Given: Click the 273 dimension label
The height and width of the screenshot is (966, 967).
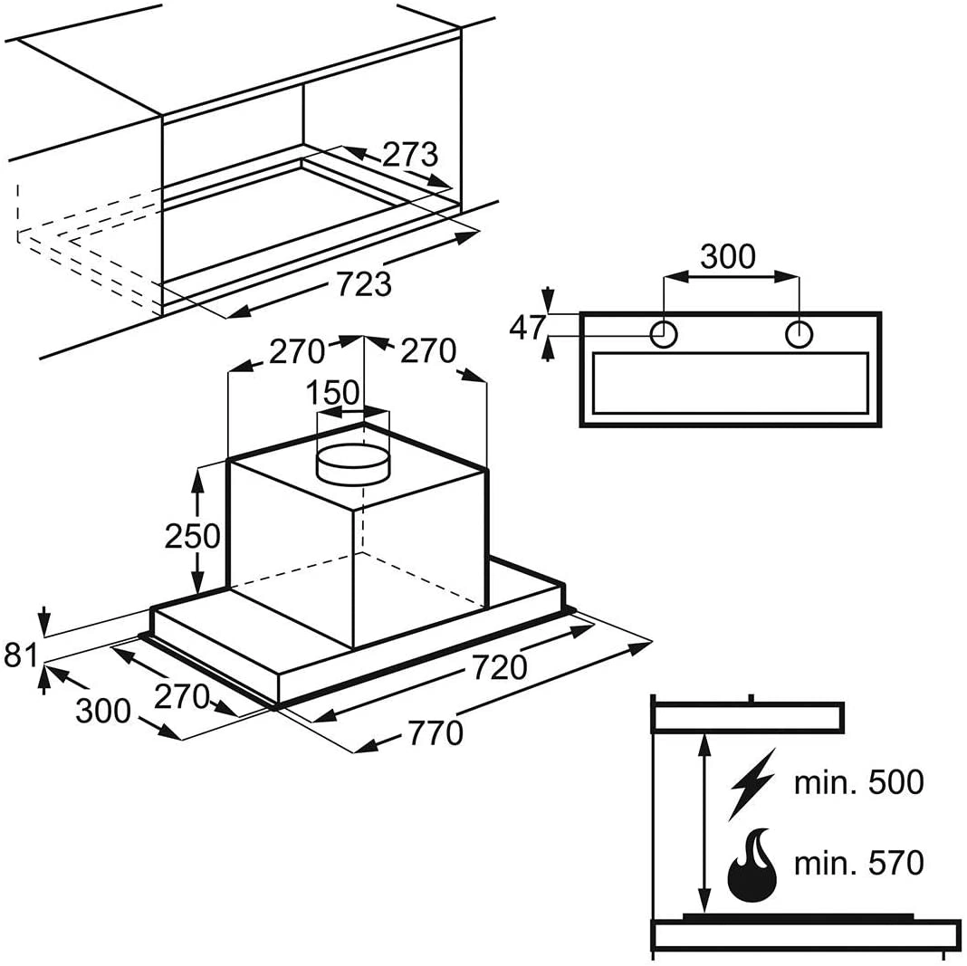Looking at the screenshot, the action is pyautogui.click(x=410, y=155).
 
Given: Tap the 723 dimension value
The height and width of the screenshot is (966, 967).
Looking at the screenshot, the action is pyautogui.click(x=364, y=283).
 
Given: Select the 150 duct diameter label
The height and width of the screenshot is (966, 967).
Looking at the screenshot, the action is pyautogui.click(x=333, y=392).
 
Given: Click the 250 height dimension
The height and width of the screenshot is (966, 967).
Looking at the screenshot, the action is pyautogui.click(x=193, y=536).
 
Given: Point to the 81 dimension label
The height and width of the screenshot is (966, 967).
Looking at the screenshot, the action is pyautogui.click(x=21, y=655).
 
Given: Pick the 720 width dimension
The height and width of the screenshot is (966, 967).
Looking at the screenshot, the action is pyautogui.click(x=500, y=667).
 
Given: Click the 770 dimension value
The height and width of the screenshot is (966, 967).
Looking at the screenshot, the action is pyautogui.click(x=436, y=733).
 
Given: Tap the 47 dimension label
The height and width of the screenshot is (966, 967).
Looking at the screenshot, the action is pyautogui.click(x=528, y=328).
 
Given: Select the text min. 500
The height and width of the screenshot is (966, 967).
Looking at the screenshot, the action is pyautogui.click(x=859, y=782).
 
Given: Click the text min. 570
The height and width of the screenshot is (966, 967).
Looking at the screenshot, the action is pyautogui.click(x=859, y=863).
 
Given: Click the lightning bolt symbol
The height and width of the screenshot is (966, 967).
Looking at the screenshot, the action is pyautogui.click(x=752, y=784).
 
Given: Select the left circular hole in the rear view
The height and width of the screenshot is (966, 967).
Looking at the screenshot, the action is pyautogui.click(x=664, y=335).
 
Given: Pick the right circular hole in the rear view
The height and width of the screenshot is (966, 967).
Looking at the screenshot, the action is pyautogui.click(x=799, y=335).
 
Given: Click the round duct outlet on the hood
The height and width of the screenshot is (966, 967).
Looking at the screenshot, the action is pyautogui.click(x=353, y=466).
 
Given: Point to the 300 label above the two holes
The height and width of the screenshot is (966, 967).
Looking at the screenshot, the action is pyautogui.click(x=728, y=256).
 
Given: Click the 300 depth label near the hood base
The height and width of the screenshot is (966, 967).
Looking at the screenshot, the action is pyautogui.click(x=103, y=711).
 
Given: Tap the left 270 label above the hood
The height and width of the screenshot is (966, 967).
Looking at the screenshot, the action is pyautogui.click(x=297, y=351).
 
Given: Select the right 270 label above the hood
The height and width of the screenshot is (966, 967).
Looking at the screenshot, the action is pyautogui.click(x=428, y=351).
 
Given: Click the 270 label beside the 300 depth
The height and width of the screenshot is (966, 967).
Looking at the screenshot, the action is pyautogui.click(x=182, y=697).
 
